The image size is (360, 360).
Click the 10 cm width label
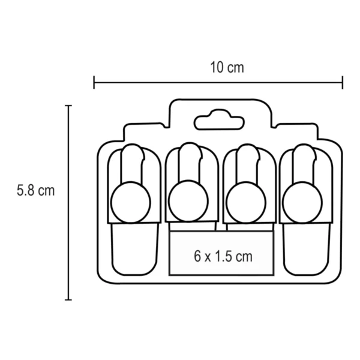227,67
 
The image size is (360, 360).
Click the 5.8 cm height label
35,191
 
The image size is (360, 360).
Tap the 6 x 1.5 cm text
223,256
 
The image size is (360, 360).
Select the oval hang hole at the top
219,120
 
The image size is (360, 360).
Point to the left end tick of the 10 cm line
94,82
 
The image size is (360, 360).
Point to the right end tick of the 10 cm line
343,82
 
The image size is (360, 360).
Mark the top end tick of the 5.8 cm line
69,106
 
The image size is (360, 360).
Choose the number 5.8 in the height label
26,191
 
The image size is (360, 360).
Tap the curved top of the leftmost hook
133,149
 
